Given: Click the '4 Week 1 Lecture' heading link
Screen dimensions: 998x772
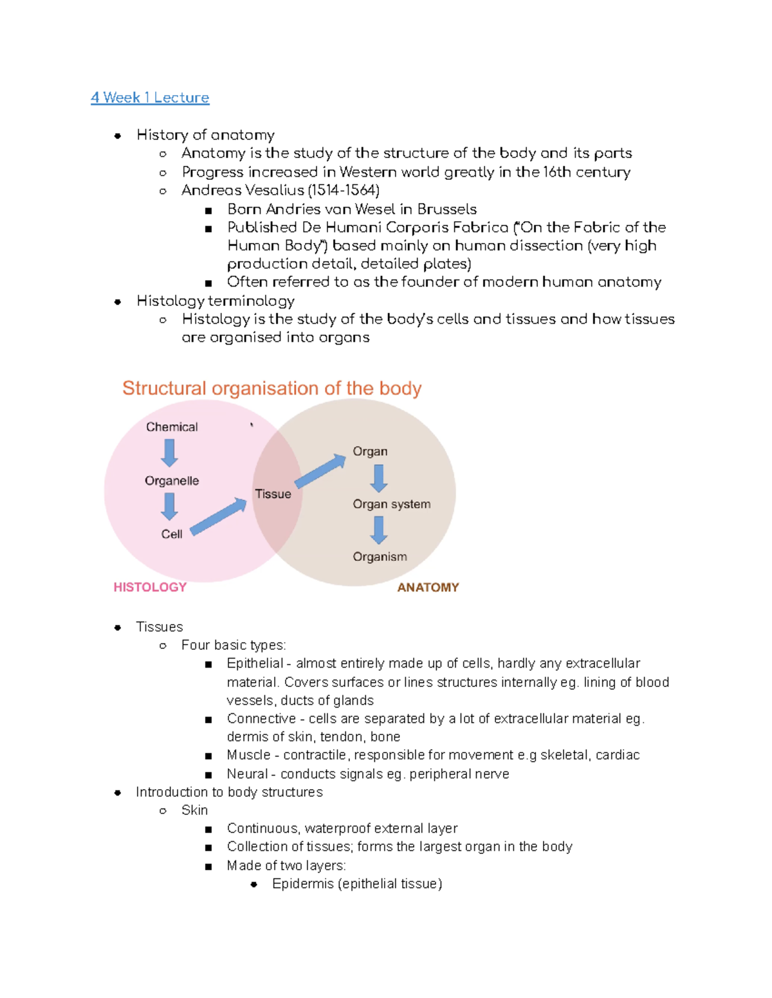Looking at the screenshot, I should point(150,98).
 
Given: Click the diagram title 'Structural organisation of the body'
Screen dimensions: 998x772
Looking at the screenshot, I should point(271,388).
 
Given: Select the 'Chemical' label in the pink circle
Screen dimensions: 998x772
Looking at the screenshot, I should point(172,427).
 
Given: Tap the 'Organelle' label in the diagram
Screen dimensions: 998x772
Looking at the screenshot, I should point(172,481).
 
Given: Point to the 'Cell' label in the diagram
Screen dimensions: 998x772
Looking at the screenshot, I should point(172,534).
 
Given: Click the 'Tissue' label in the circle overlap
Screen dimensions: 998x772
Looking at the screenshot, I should point(273,494).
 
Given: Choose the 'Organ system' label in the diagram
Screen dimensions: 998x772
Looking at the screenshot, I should point(391,504).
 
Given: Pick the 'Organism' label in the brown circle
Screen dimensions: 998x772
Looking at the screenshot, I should point(380,557).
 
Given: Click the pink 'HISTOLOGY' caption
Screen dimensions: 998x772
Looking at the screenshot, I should point(150,587).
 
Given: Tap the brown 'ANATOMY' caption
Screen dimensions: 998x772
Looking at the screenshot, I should point(428,587).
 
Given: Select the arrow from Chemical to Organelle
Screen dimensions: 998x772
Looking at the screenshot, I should point(170,453).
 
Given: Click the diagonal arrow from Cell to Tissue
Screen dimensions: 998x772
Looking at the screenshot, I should point(219,517).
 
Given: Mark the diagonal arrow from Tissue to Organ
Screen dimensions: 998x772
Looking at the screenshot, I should point(320,471).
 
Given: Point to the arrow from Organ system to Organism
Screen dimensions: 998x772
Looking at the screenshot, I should point(379,530).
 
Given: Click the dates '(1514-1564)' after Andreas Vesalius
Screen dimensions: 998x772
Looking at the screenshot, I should point(344,190).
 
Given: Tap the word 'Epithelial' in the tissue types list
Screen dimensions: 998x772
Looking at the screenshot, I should point(255,663).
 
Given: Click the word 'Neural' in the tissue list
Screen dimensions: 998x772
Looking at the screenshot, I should point(247,774).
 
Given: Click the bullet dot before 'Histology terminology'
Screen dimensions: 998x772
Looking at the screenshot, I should point(118,301).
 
